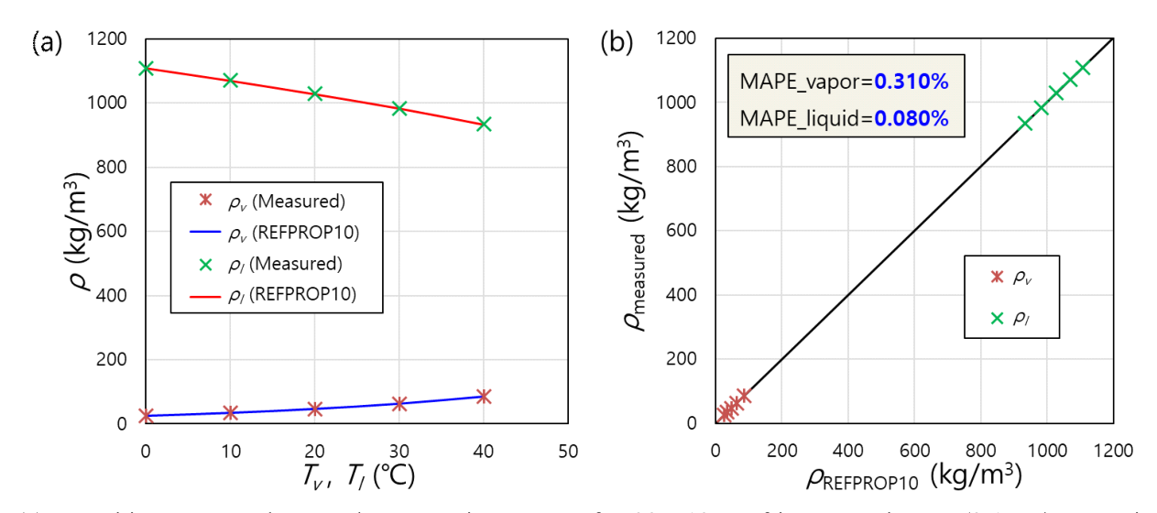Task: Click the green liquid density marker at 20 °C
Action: pos(315,93)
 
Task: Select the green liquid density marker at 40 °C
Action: pos(484,124)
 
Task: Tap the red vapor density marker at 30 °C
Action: pos(399,403)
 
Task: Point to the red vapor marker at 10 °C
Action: pos(231,412)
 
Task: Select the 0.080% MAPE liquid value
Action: pos(911,117)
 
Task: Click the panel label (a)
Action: pos(47,42)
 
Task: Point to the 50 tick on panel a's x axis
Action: pos(568,451)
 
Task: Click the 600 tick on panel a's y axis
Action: pos(114,232)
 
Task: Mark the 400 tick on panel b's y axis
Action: pos(684,296)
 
